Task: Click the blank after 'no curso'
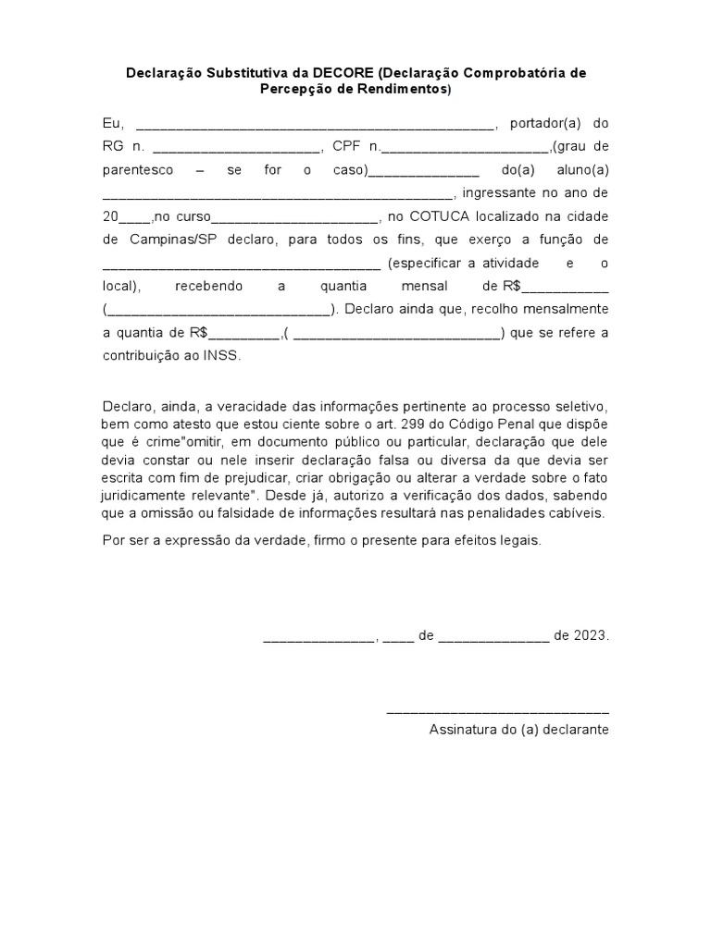click(x=295, y=218)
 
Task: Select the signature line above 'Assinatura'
click(x=497, y=711)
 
